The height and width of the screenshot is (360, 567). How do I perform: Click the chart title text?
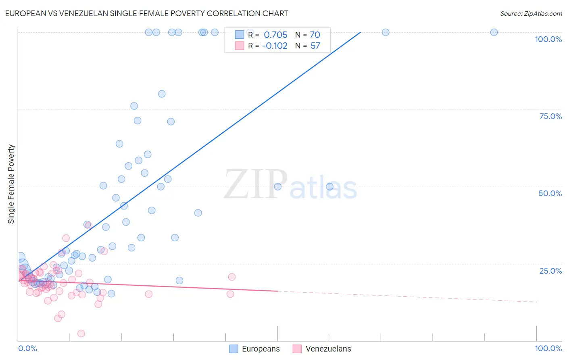tap(146, 13)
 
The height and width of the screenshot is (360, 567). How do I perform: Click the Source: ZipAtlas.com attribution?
tap(531, 13)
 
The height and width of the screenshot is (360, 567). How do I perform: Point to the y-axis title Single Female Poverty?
tap(11, 184)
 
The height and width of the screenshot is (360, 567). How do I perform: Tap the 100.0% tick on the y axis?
tap(548, 39)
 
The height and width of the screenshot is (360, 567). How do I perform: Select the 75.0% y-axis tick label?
tap(550, 116)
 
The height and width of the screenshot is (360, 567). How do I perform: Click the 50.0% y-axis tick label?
tap(550, 193)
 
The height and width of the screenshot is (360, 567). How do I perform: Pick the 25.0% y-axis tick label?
tap(550, 271)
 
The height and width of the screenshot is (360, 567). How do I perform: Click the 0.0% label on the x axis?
tap(27, 348)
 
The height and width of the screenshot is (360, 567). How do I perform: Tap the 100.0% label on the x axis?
tap(548, 348)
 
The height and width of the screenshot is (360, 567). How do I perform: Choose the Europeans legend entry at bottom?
tap(254, 349)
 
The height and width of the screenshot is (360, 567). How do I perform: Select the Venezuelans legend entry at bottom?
tap(322, 349)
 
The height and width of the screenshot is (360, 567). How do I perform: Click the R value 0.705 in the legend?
tap(275, 35)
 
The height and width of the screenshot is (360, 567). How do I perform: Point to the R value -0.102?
tap(275, 46)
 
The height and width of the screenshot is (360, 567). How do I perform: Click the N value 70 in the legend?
tap(315, 35)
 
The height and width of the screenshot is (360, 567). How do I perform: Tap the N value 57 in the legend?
tap(315, 46)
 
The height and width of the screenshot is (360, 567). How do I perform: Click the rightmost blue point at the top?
tap(494, 32)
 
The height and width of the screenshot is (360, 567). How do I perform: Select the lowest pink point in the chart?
tap(81, 333)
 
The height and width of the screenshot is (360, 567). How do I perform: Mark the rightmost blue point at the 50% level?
tap(329, 186)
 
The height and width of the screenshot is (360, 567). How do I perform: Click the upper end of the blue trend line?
tap(360, 32)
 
